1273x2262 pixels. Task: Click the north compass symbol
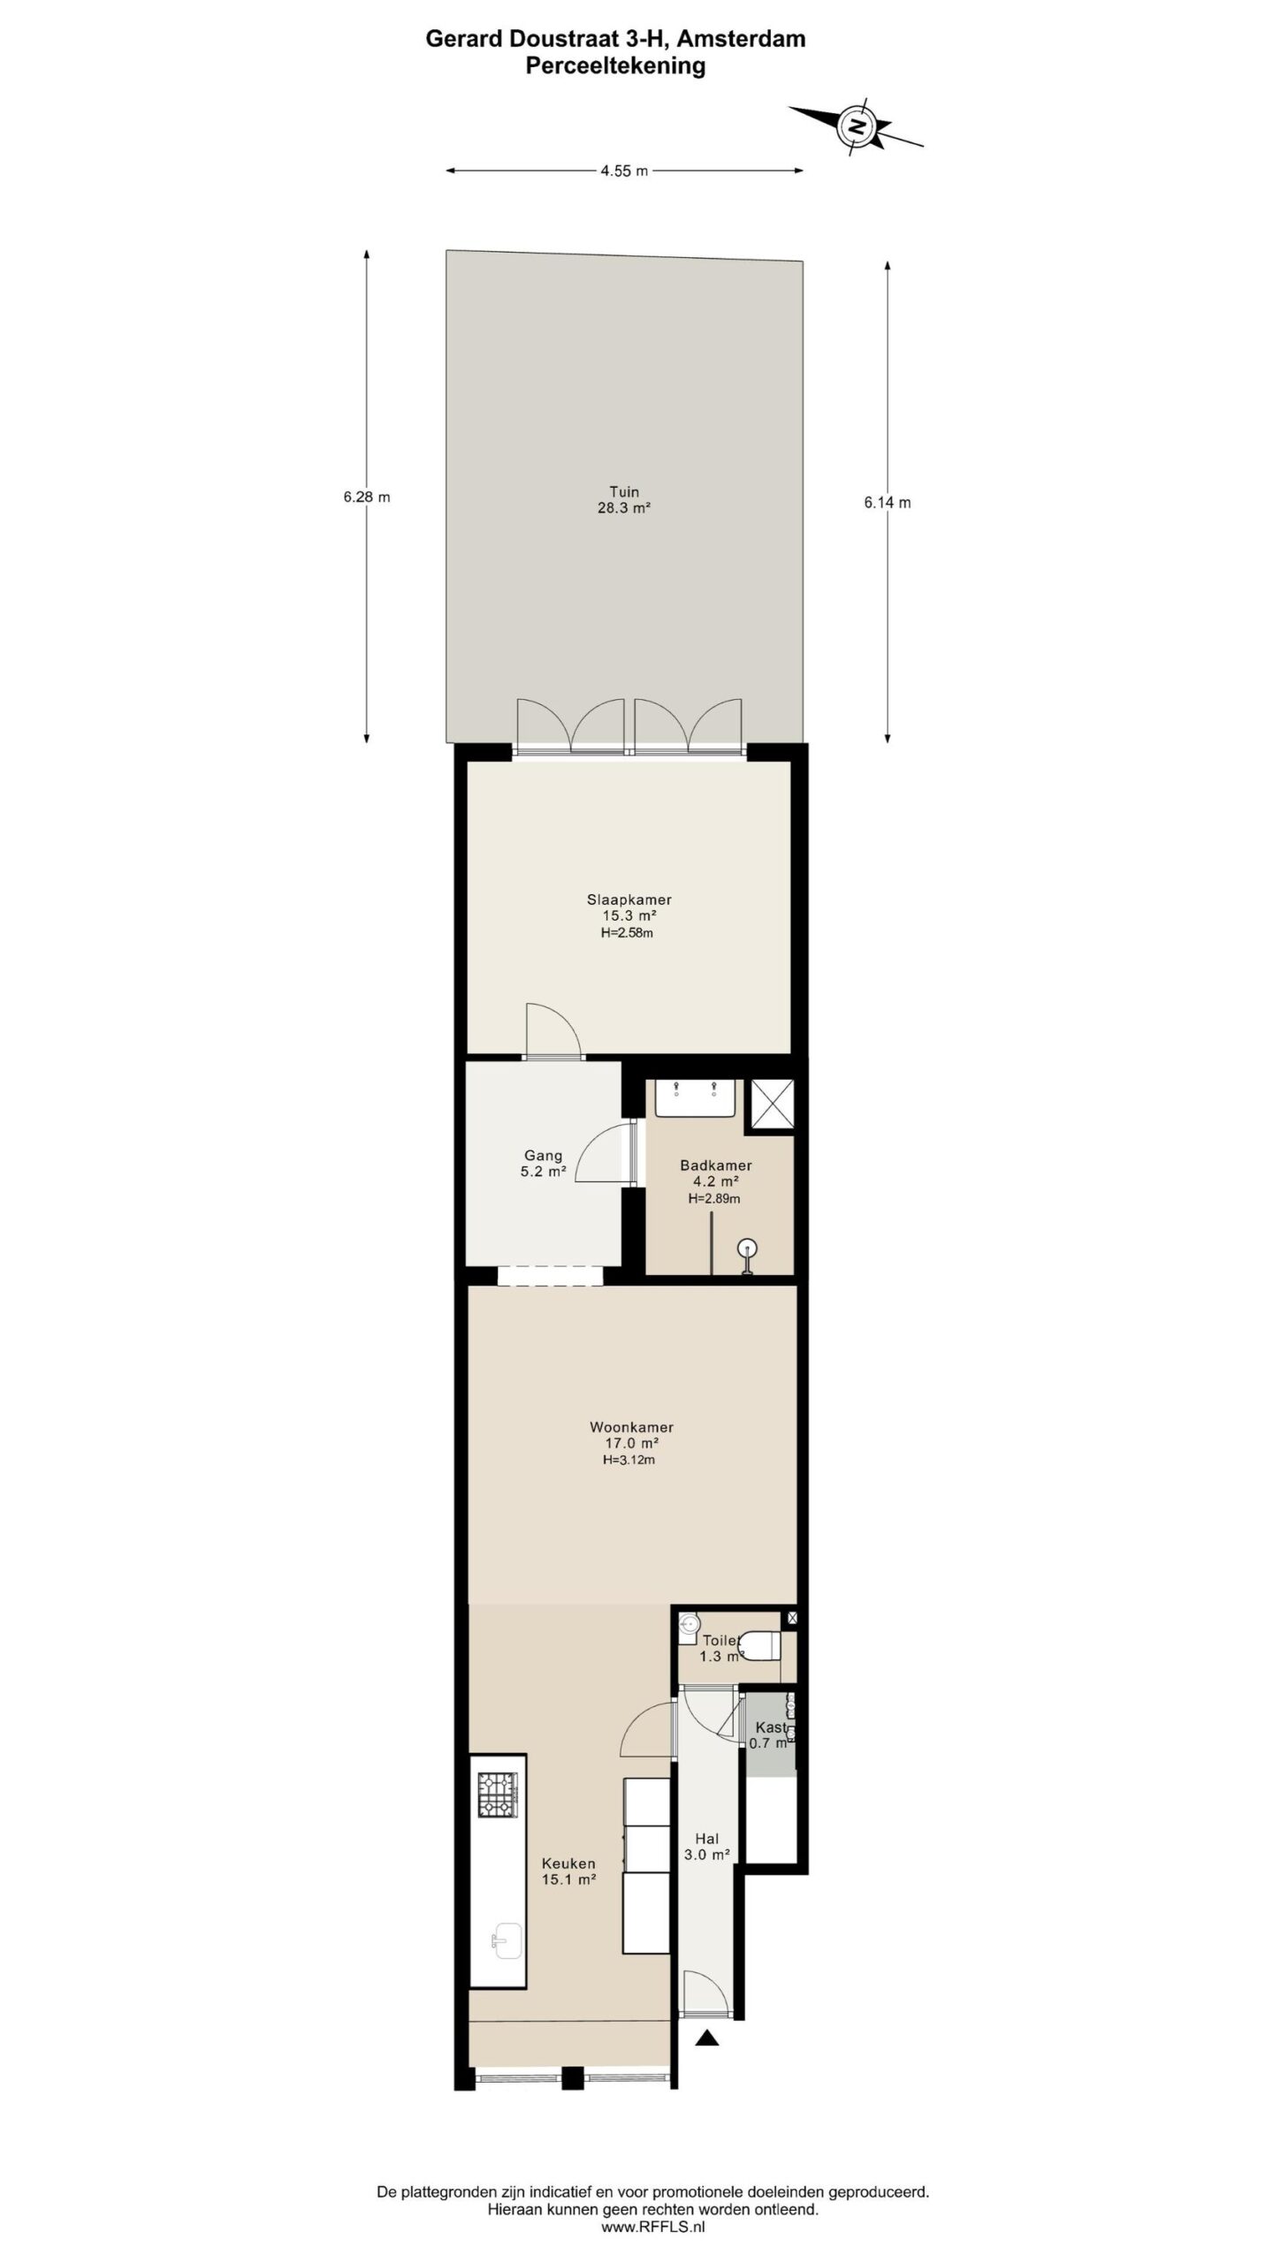coord(856,125)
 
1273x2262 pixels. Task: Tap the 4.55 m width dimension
coord(624,171)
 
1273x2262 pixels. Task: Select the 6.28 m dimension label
coord(367,497)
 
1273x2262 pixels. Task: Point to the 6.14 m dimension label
coord(888,503)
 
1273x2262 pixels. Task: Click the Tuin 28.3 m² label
coord(624,500)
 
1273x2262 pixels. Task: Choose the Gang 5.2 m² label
coord(544,1164)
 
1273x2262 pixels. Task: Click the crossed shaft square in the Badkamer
coord(772,1104)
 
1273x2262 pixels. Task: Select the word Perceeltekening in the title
coord(615,66)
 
